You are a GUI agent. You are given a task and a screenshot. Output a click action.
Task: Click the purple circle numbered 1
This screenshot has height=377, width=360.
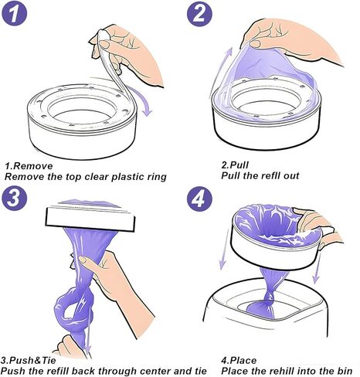pyautogui.click(x=14, y=13)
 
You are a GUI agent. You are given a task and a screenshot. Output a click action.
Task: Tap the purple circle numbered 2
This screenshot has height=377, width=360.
pyautogui.click(x=199, y=13)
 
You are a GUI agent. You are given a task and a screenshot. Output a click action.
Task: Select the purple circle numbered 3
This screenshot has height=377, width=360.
pyautogui.click(x=14, y=198)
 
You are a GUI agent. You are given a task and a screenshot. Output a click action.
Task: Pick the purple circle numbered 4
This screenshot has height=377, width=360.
pyautogui.click(x=199, y=199)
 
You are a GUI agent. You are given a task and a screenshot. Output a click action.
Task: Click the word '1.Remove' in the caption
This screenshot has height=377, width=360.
pyautogui.click(x=29, y=166)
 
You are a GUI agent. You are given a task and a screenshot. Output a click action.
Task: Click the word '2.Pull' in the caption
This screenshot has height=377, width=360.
pyautogui.click(x=235, y=165)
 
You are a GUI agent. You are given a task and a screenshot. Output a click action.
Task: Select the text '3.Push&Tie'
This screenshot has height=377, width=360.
pyautogui.click(x=28, y=360)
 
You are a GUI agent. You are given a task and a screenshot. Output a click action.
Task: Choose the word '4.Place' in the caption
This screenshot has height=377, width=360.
pyautogui.click(x=239, y=360)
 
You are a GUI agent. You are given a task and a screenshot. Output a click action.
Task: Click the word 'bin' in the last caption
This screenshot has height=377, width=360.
pyautogui.click(x=345, y=371)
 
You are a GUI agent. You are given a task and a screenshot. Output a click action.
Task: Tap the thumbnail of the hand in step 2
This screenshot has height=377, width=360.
pyautogui.click(x=255, y=44)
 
